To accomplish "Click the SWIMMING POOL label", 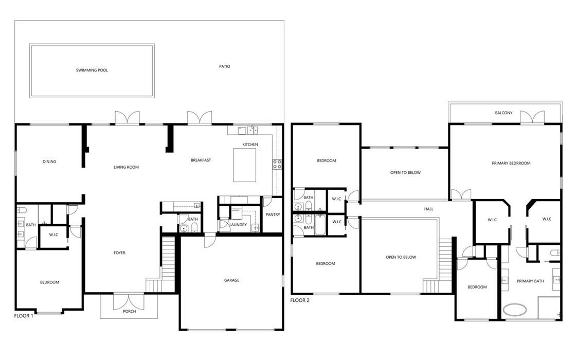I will [92, 70].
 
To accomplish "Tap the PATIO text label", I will [224, 66].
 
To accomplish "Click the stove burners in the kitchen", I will [277, 164].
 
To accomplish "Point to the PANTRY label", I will [273, 214].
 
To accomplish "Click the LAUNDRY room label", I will [238, 225].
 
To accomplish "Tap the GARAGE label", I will [231, 280].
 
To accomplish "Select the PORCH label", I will [130, 311].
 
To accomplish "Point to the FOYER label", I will [119, 253].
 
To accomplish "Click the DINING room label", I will [49, 161].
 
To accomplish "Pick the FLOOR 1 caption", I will [24, 316].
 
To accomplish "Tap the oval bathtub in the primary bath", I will [514, 310].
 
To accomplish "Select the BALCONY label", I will [503, 113].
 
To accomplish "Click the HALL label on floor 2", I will [428, 209].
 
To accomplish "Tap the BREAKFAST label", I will [201, 160].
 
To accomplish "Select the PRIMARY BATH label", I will [530, 281].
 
